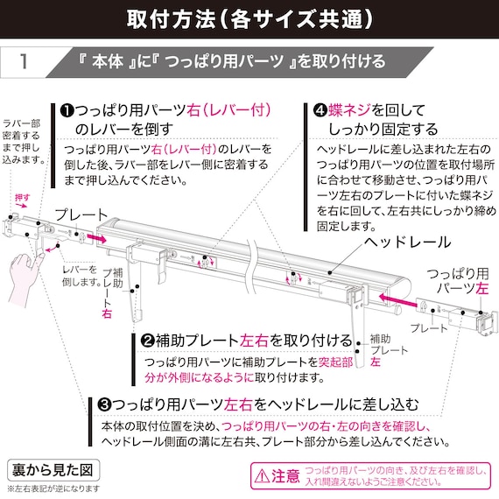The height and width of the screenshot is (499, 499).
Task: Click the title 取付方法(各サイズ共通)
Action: pos(249,18)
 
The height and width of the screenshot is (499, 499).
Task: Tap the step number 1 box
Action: pos(24,61)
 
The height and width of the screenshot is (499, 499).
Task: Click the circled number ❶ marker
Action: pos(67,111)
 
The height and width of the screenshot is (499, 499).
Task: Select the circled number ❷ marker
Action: pos(147,341)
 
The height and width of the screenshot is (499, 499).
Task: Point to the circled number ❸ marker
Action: pos(104,404)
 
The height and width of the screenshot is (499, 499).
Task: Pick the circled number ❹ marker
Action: pos(320,111)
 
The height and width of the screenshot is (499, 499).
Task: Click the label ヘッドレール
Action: pos(407,242)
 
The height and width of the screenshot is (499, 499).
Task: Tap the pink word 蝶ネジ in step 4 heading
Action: pos(349,110)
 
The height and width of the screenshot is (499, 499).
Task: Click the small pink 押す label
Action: pos(22,197)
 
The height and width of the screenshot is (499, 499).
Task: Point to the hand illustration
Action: pos(24,277)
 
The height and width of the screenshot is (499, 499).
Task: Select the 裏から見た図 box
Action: pos(53,470)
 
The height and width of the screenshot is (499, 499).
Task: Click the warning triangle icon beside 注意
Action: pos(262,476)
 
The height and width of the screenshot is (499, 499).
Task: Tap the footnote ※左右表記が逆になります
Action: pos(53,488)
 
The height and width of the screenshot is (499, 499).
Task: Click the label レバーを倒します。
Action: pos(81,276)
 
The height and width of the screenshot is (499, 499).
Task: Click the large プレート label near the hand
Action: pos(81,215)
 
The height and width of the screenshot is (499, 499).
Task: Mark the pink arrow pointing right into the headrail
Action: pos(97,238)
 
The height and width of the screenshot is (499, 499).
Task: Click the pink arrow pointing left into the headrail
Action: pos(397,300)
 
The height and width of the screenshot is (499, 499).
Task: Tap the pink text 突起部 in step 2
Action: pos(336,362)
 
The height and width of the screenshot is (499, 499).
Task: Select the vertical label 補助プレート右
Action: pos(112,292)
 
